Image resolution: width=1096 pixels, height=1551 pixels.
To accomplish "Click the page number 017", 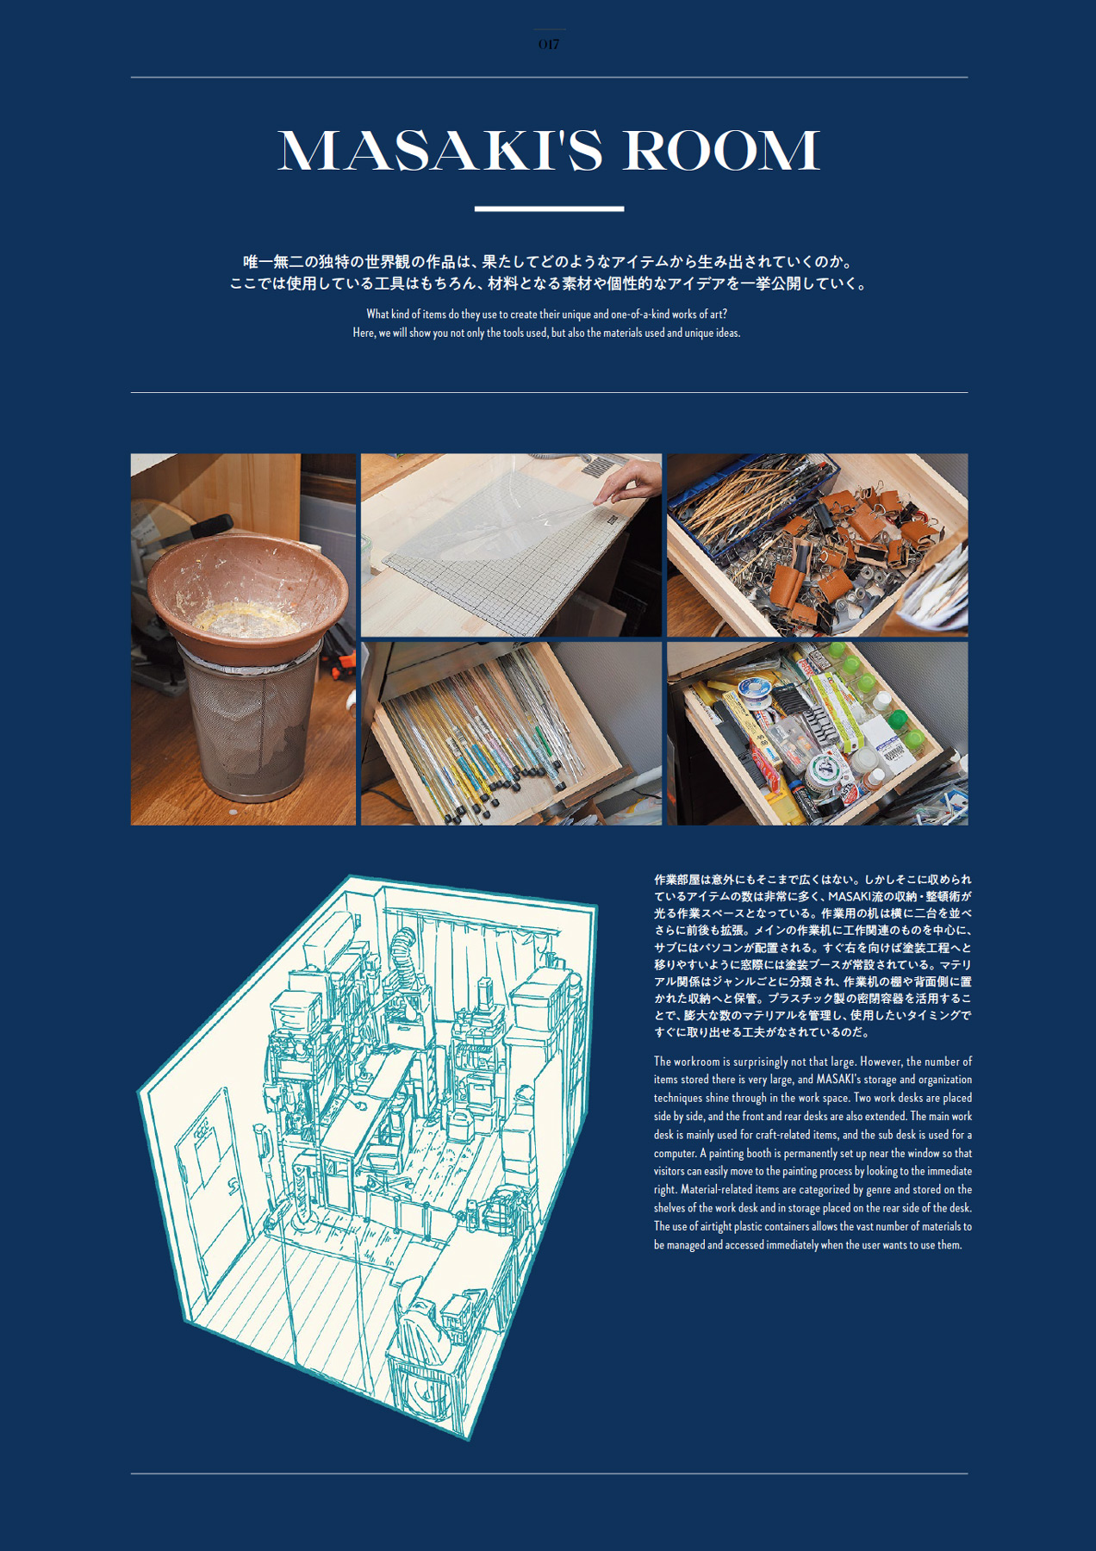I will click(548, 45).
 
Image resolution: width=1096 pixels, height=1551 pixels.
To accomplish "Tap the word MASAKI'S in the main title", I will click(440, 152).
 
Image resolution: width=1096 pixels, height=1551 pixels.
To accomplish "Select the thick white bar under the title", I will click(549, 209).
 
